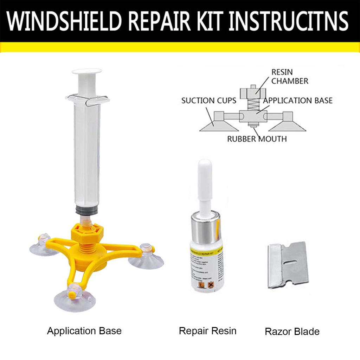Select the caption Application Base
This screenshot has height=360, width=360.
84,331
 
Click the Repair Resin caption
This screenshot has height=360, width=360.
207,331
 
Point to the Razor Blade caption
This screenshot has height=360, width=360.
292,332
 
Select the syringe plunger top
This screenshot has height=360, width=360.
87,72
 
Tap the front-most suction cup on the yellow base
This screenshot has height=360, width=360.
74,301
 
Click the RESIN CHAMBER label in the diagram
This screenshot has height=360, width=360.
289,77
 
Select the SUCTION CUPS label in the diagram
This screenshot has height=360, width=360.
209,101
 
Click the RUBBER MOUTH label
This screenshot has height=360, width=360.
257,139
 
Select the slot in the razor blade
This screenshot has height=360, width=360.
287,265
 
